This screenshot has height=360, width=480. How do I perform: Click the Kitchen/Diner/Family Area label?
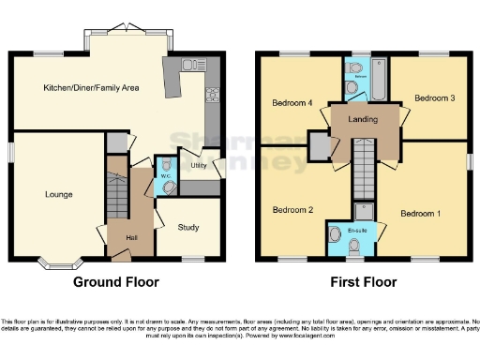(x=91, y=87)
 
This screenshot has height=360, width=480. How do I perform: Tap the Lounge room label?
(x=58, y=195)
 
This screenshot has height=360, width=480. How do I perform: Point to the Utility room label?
(x=198, y=166)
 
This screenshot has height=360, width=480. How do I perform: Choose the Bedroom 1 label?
(x=419, y=214)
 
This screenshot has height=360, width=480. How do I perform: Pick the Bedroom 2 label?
(x=292, y=210)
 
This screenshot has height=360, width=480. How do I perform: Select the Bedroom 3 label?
(x=434, y=97)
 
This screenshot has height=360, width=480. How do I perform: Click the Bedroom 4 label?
(x=291, y=102)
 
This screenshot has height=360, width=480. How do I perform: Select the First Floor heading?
(x=363, y=282)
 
